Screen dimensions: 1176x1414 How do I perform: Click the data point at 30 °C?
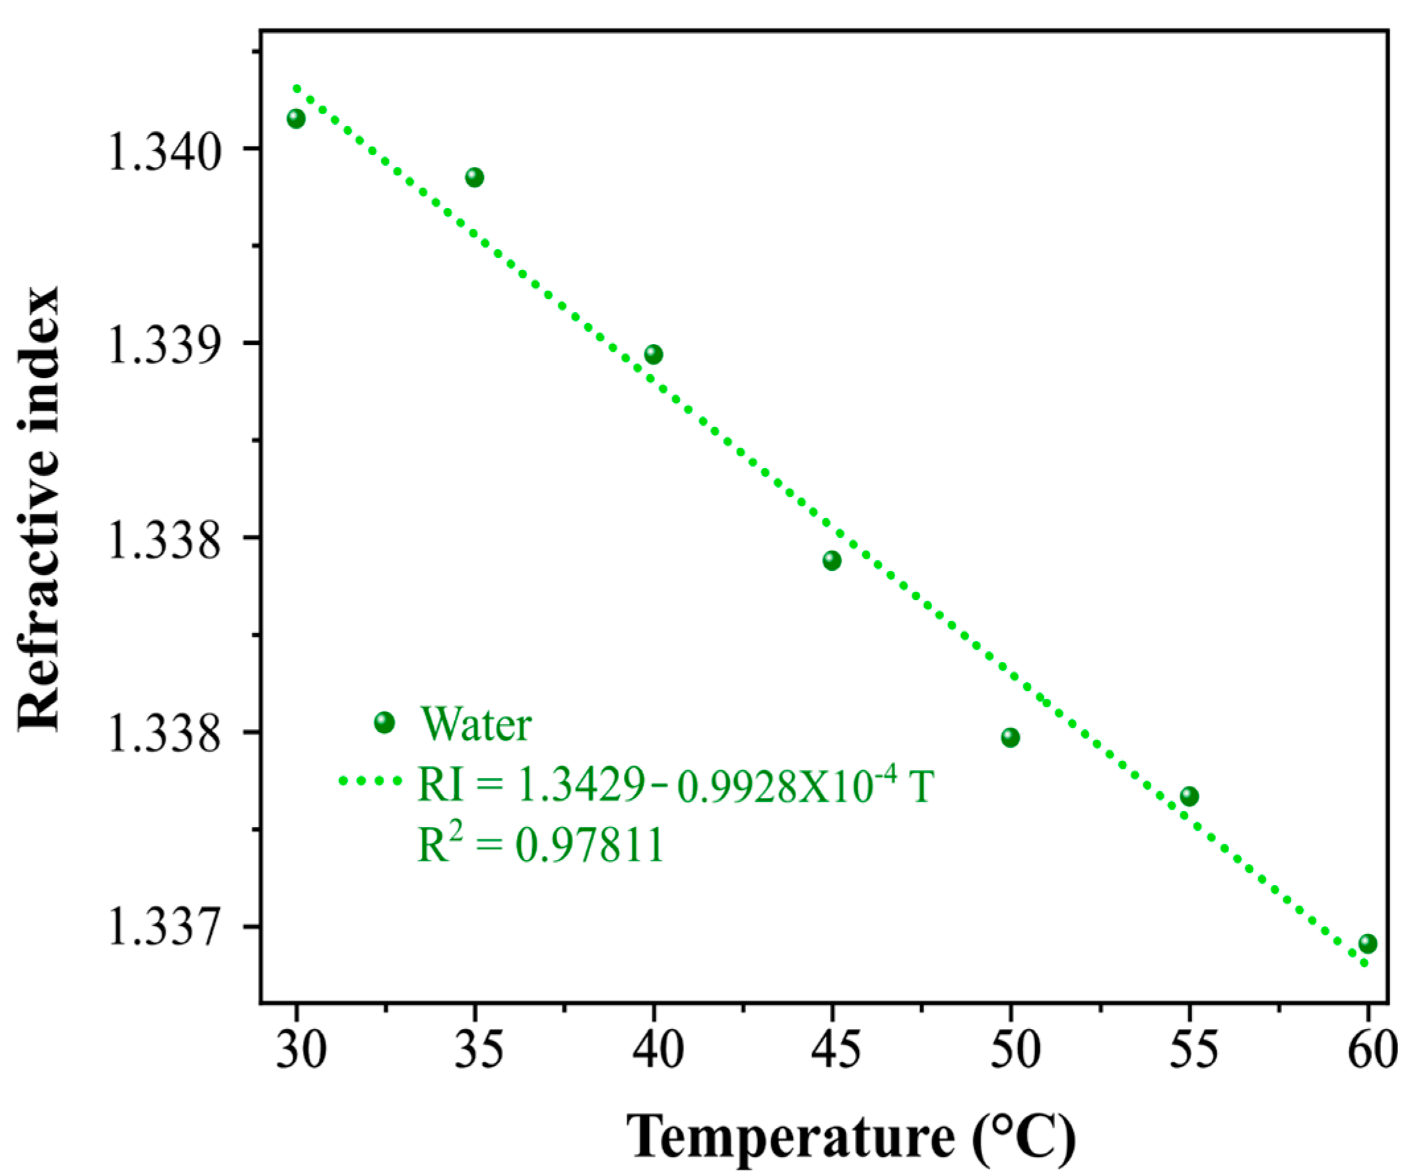tap(296, 119)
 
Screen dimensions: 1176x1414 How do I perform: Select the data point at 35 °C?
tap(474, 177)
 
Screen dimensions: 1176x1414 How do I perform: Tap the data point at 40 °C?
tap(653, 354)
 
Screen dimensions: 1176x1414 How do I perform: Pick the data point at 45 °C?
tap(832, 560)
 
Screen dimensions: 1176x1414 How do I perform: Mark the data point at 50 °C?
tap(1010, 737)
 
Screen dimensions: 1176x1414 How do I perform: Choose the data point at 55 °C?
tap(1189, 797)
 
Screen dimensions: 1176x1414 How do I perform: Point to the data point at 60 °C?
tap(1368, 943)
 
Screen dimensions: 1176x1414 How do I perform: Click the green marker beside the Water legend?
tap(384, 722)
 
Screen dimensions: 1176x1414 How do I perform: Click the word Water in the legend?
tap(476, 725)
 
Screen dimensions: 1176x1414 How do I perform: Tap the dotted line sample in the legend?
tap(370, 781)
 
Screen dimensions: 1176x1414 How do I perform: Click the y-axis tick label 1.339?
tap(164, 346)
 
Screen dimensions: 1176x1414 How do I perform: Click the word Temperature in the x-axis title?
tap(790, 1136)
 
